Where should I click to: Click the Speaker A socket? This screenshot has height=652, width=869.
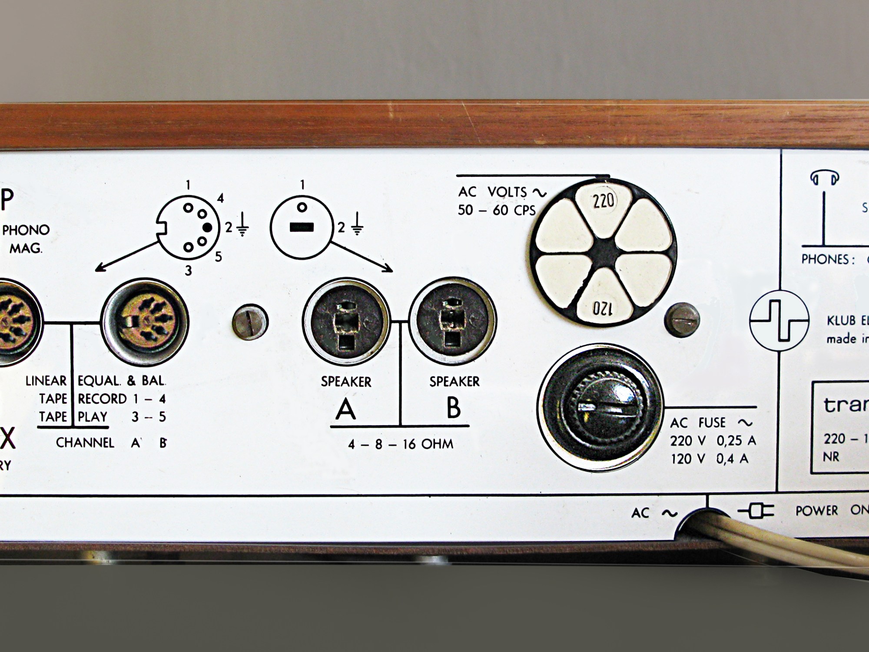click(x=346, y=322)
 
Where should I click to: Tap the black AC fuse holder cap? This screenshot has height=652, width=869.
click(x=600, y=408)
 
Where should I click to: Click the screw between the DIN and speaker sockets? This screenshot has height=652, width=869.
click(x=250, y=322)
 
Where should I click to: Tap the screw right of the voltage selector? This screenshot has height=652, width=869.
click(x=682, y=320)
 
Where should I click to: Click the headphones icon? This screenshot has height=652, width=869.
click(x=824, y=177)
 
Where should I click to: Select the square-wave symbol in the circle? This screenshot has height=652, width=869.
click(x=779, y=320)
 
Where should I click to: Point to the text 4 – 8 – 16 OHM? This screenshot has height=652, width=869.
click(x=400, y=444)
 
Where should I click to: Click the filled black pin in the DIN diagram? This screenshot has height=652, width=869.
click(x=208, y=227)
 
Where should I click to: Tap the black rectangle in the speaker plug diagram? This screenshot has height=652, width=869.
click(x=302, y=227)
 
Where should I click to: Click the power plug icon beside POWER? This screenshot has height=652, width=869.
click(x=756, y=511)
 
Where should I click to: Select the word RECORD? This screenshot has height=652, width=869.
click(x=102, y=399)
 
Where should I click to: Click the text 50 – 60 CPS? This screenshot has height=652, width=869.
click(x=497, y=210)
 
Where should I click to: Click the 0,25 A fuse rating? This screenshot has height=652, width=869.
click(x=736, y=441)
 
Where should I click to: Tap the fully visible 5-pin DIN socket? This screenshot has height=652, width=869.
click(x=145, y=322)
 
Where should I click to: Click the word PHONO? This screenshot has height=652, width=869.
click(x=26, y=230)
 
